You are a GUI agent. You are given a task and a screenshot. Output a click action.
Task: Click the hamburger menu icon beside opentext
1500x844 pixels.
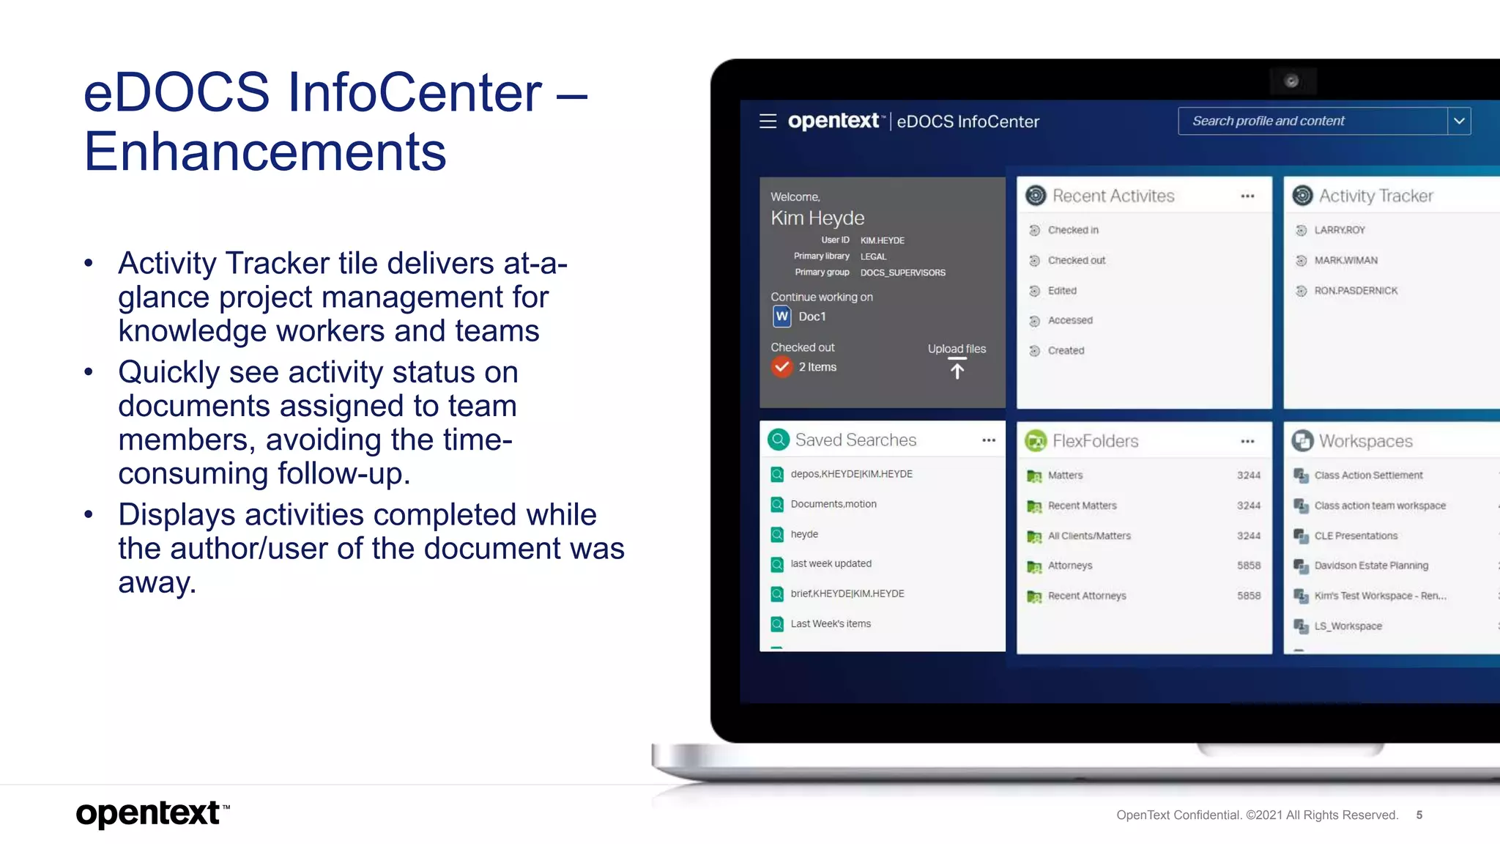[768, 122]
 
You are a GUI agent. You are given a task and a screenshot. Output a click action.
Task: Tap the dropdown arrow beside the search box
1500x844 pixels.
[1459, 122]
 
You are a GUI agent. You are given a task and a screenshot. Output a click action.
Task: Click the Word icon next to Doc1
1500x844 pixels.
[782, 316]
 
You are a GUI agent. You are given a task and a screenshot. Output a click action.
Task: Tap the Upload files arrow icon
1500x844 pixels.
[957, 370]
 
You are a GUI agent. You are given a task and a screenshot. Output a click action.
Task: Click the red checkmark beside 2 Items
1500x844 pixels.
[782, 366]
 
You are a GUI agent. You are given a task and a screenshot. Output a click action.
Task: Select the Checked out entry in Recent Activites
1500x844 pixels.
[1076, 261]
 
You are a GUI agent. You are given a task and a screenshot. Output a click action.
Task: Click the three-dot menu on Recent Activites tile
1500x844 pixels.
[1247, 196]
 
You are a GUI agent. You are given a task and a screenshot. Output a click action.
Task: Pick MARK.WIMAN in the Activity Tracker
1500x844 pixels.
[1345, 261]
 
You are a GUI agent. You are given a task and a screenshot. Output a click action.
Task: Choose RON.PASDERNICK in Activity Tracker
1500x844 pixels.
[1355, 291]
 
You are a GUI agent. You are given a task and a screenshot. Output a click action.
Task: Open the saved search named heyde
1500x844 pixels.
[804, 535]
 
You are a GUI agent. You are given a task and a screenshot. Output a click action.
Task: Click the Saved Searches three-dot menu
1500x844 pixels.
[989, 440]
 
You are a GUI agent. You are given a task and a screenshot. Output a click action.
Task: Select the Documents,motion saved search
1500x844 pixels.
[833, 504]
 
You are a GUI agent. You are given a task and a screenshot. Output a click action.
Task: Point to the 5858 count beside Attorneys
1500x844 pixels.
[1249, 566]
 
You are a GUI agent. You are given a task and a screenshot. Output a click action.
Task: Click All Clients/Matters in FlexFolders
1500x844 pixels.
[1089, 536]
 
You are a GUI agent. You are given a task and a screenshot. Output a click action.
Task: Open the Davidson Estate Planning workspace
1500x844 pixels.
[1370, 566]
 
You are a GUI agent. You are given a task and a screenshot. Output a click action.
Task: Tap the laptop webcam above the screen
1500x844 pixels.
[1292, 81]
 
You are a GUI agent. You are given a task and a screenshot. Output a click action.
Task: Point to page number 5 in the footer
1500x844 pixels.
[1419, 815]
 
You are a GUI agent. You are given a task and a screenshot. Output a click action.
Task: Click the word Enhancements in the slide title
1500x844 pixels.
[265, 152]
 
